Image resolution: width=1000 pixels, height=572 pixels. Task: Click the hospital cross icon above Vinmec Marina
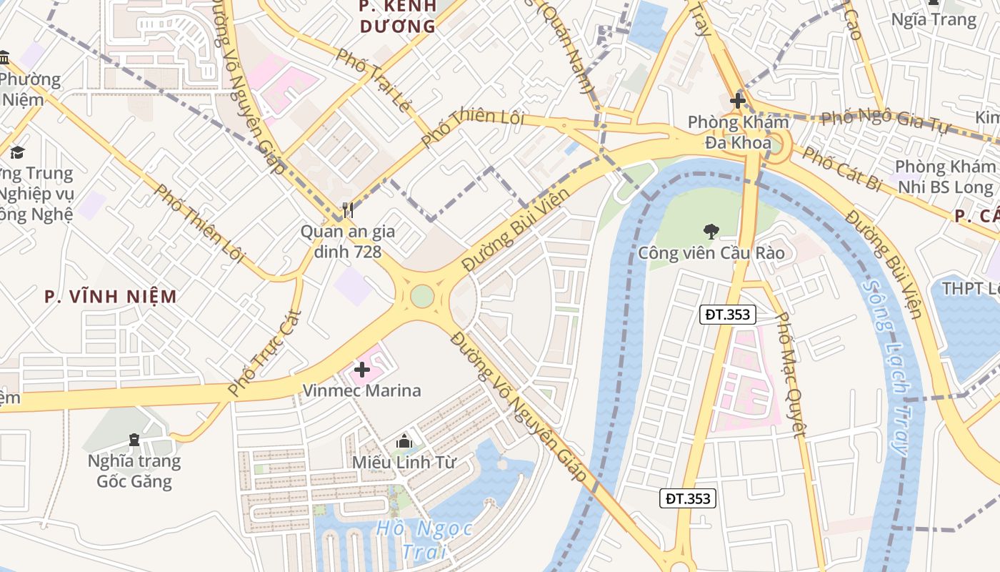pos(362,370)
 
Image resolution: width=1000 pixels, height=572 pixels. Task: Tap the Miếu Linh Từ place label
pos(404,462)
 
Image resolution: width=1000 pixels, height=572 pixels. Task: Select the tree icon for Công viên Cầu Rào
pos(711,231)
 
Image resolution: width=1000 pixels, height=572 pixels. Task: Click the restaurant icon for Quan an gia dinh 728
pos(348,209)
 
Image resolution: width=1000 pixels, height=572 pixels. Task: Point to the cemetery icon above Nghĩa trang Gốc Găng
pos(134,439)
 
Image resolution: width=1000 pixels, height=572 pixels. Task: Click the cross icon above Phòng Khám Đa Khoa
pos(738,101)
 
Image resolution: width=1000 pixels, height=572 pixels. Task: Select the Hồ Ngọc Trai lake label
pos(424,540)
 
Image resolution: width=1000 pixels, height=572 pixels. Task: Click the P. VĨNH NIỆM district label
pos(111,296)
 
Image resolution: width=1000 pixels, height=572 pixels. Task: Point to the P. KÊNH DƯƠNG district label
pos(397,16)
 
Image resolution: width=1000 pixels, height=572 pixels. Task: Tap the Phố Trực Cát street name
pos(264,352)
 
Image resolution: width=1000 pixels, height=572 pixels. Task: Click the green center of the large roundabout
pos(422,295)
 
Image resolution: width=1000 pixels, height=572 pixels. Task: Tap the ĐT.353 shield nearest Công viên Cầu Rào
pos(727,314)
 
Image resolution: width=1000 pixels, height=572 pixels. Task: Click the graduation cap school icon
pos(17,152)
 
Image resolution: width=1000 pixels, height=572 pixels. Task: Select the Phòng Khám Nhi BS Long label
pos(944,177)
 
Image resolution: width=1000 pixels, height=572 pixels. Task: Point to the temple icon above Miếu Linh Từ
pos(404,441)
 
